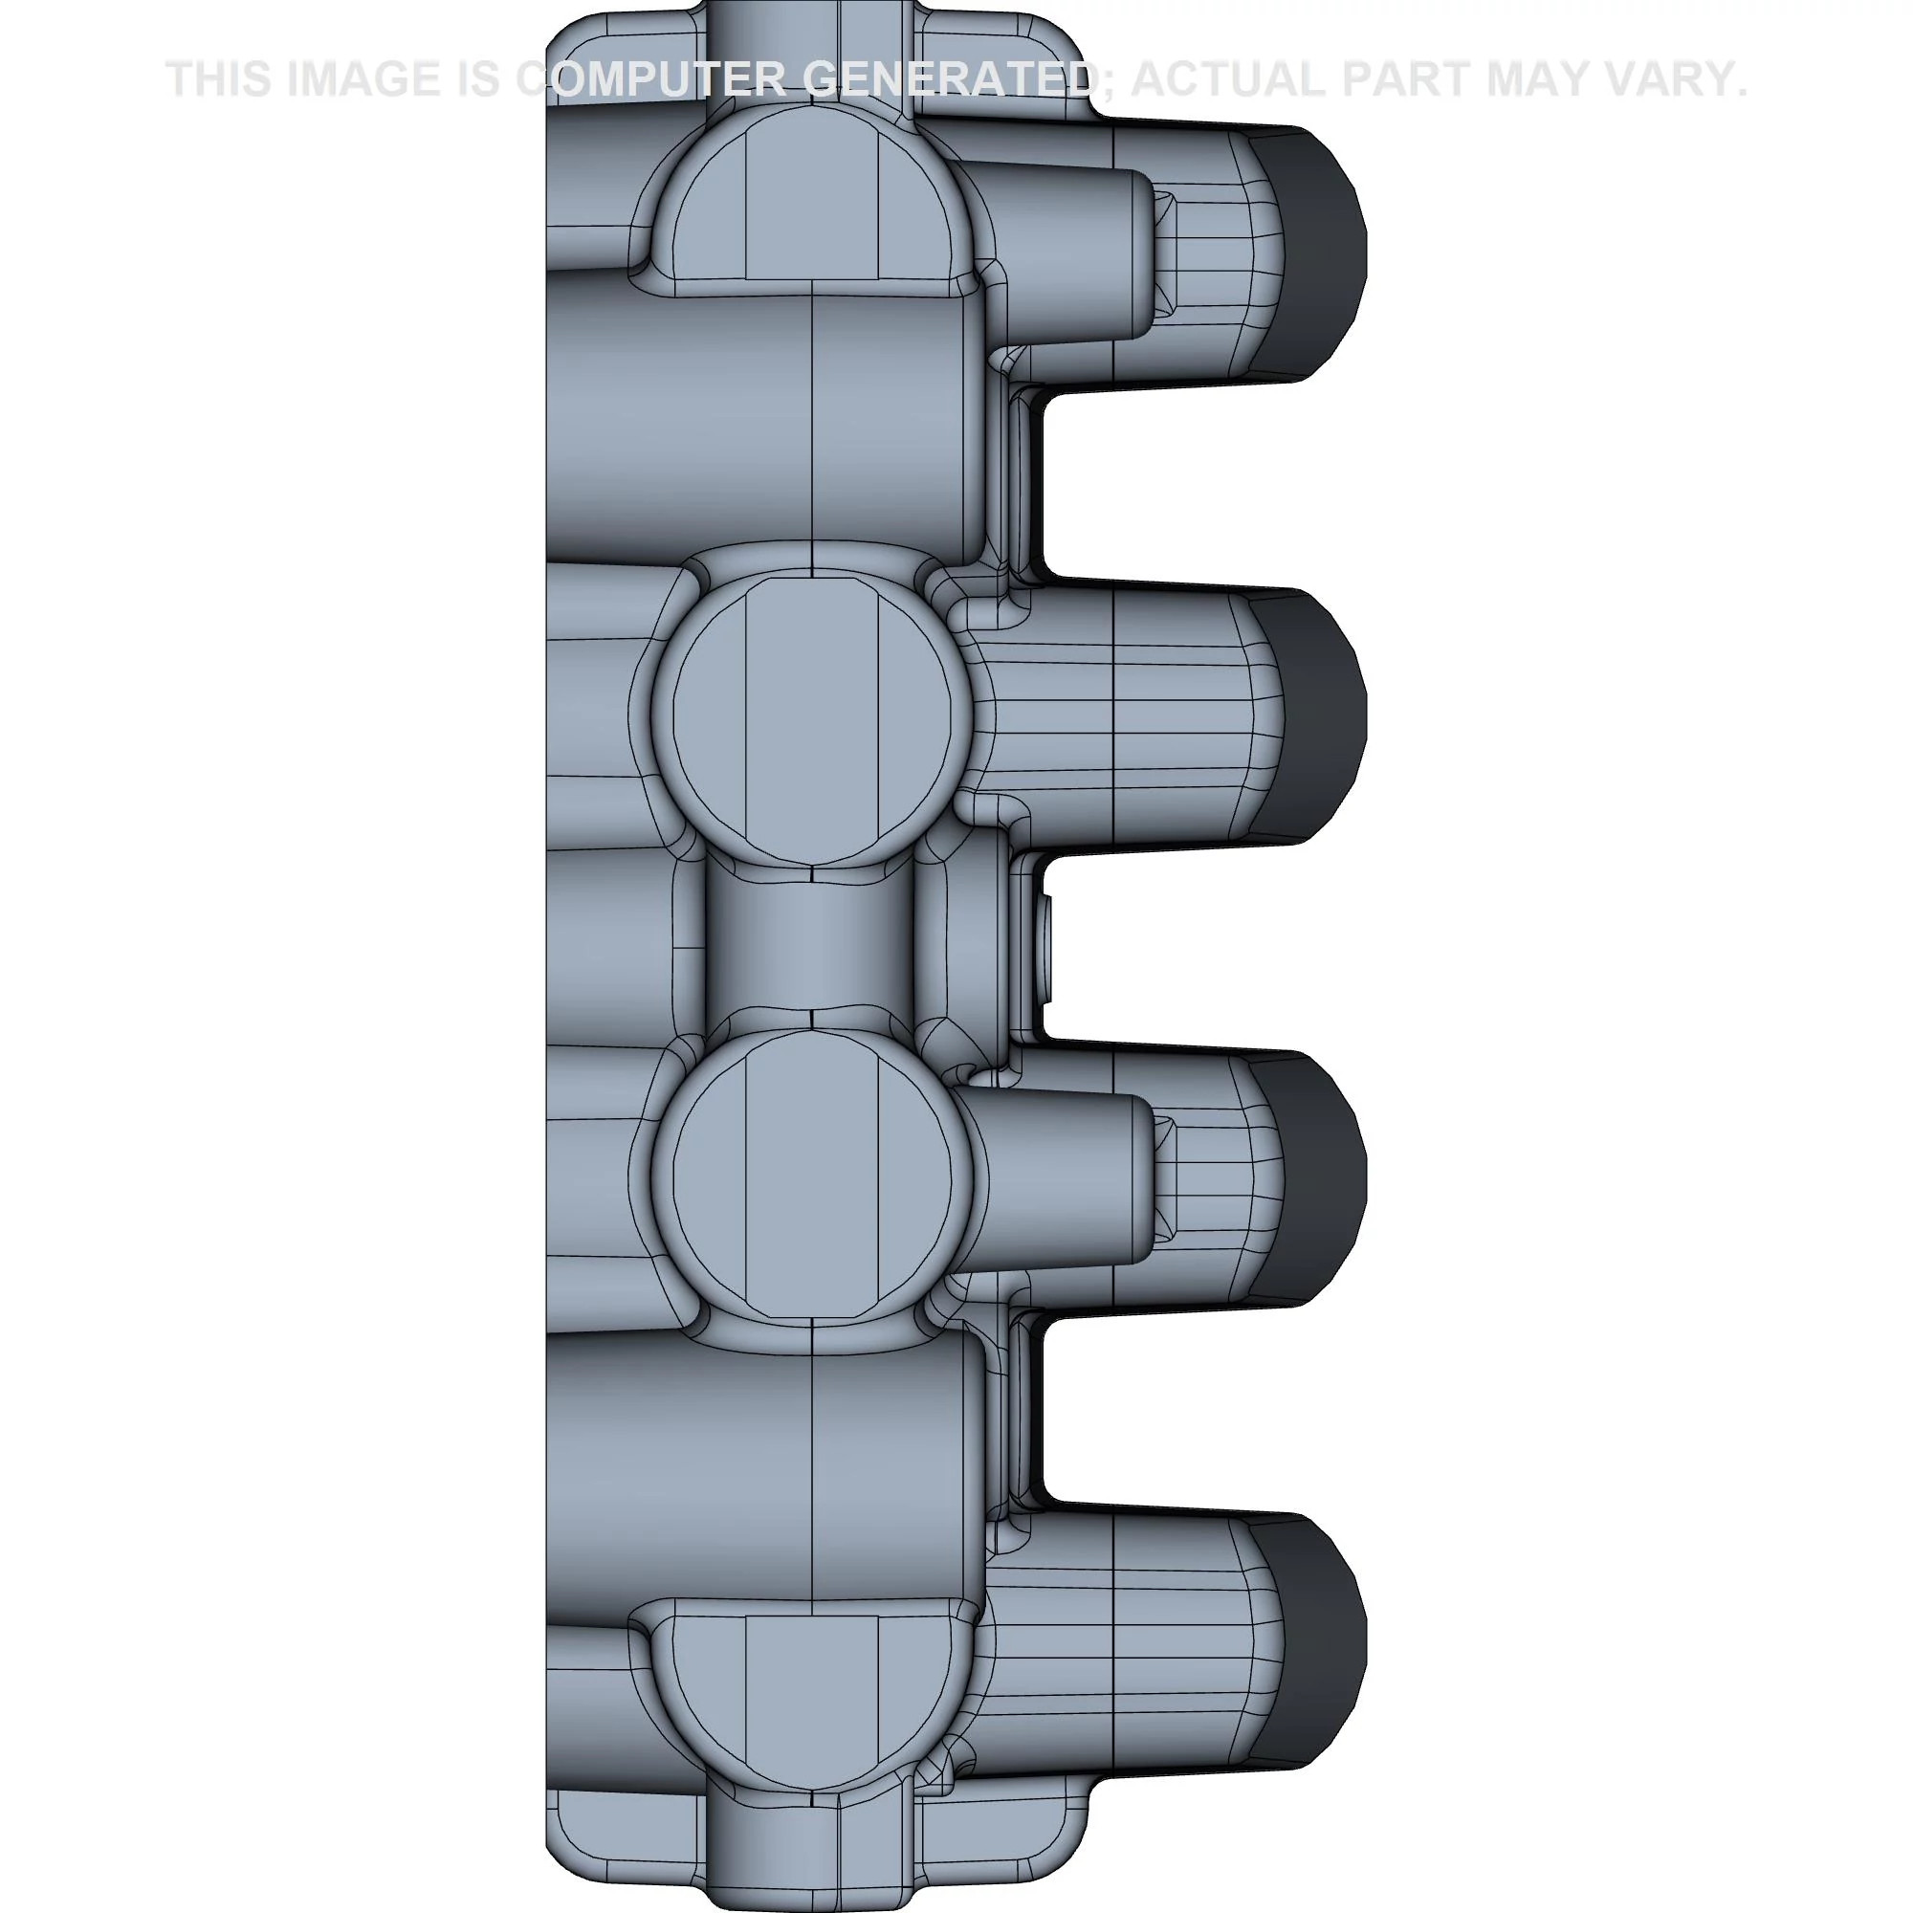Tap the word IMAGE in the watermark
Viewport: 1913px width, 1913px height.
pyautogui.click(x=363, y=80)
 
